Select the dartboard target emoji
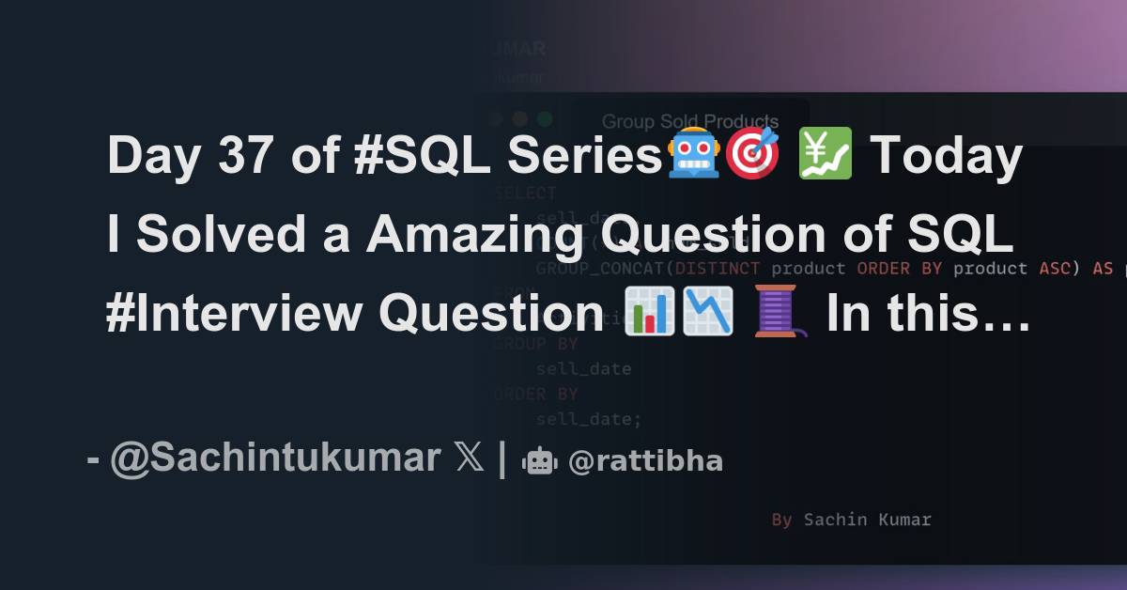(751, 156)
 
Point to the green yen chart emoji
(824, 156)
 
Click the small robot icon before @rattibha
(540, 461)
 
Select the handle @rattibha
(645, 461)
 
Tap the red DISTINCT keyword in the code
(713, 269)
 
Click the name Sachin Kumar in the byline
(867, 520)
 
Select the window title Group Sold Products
(690, 121)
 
